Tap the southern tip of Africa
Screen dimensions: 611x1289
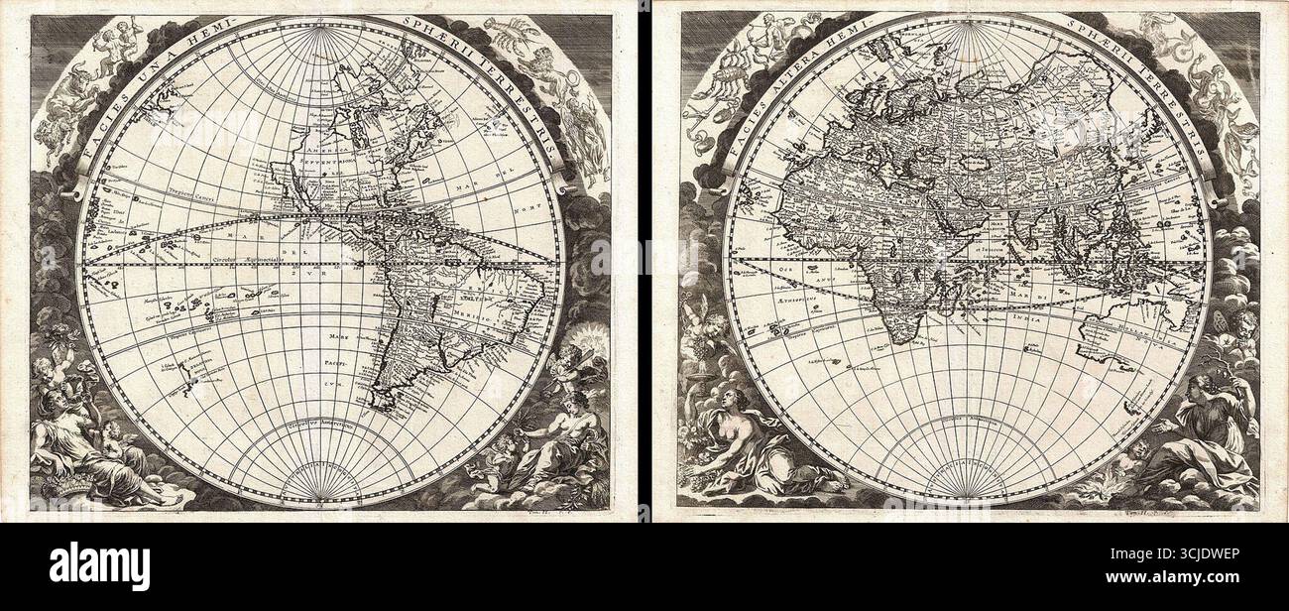898,338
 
